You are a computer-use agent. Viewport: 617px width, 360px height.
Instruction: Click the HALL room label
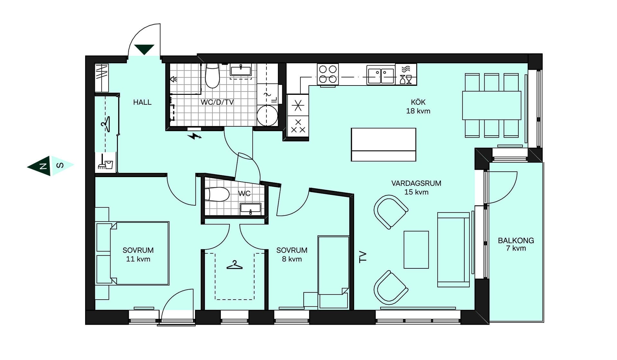click(142, 102)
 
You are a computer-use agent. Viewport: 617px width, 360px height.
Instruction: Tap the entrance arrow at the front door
click(144, 50)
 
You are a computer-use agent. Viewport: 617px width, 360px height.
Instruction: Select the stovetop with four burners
click(328, 74)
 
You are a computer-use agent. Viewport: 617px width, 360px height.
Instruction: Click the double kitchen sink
click(381, 75)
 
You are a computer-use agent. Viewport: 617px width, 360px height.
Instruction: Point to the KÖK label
click(418, 102)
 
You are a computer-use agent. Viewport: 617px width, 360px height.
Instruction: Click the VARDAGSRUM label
click(416, 183)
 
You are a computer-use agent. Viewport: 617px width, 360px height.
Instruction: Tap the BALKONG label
click(516, 240)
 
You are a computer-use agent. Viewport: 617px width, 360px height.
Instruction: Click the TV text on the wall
click(362, 257)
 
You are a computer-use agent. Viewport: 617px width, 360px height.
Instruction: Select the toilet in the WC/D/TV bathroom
click(212, 76)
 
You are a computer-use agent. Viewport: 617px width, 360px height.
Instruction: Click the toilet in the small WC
click(217, 194)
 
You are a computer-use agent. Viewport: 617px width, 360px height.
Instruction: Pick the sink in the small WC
click(250, 209)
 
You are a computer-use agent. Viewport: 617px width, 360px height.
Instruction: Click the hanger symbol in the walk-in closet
click(235, 265)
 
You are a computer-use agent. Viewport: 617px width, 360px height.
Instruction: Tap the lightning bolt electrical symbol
click(194, 136)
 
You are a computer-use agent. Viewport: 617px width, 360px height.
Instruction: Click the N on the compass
click(43, 166)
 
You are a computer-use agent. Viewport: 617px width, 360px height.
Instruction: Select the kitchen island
click(383, 145)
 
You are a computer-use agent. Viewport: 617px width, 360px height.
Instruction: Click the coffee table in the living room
click(416, 249)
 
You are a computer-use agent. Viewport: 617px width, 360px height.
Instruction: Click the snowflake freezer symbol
click(298, 105)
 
